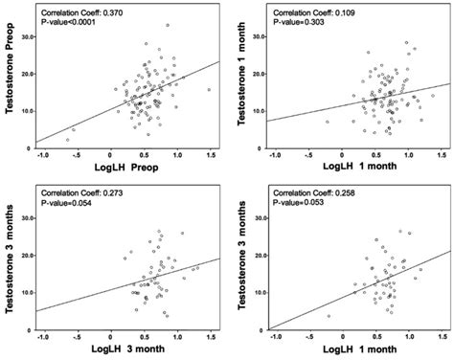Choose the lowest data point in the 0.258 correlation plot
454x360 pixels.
(x=329, y=315)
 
